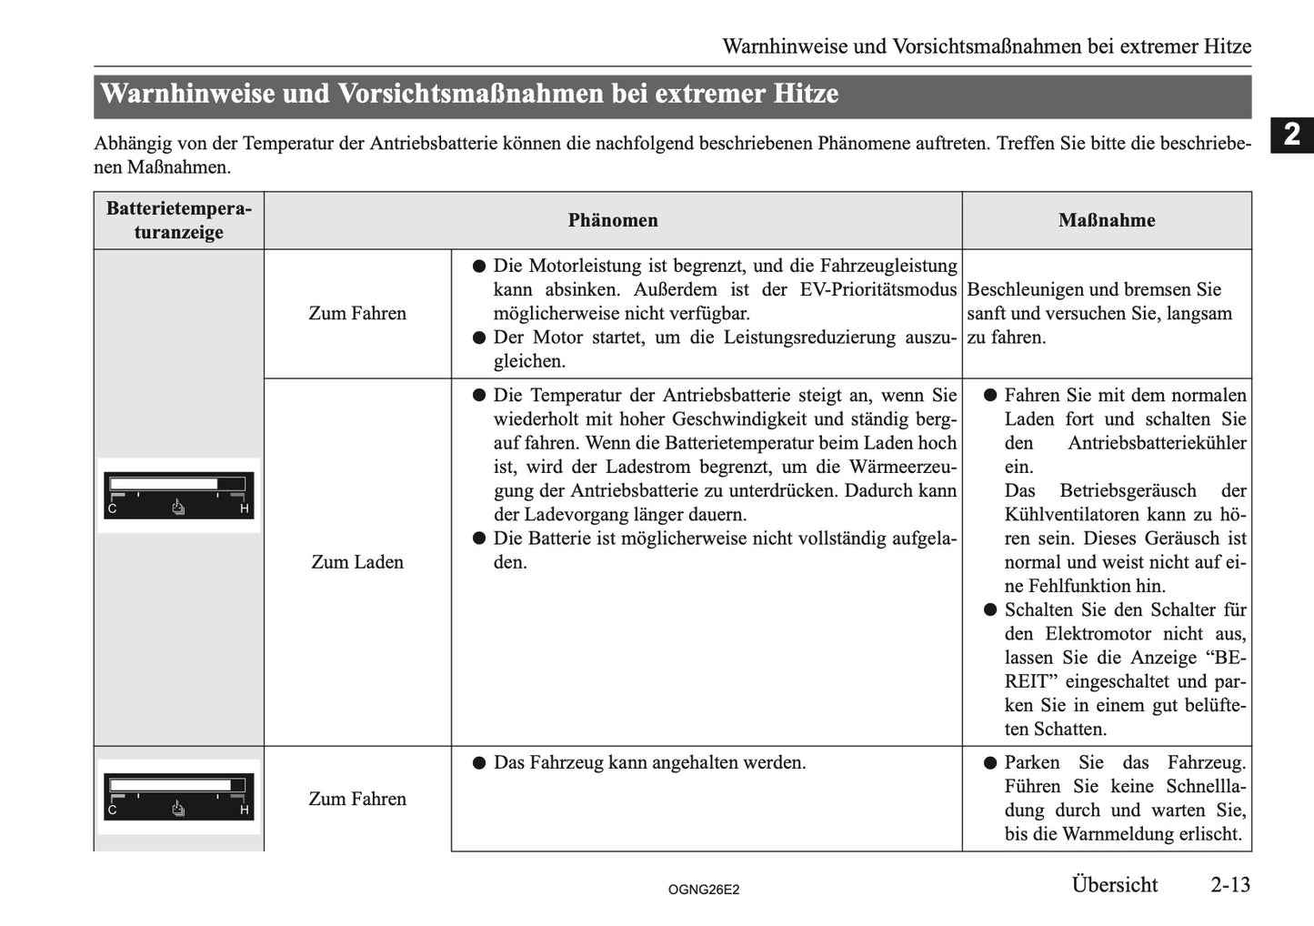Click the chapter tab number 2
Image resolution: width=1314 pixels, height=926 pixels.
click(1292, 136)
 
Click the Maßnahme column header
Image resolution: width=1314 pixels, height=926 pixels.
click(1106, 220)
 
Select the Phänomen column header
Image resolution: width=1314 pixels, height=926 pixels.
click(613, 220)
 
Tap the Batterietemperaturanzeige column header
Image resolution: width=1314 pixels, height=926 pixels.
click(178, 220)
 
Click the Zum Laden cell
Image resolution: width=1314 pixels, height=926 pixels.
click(357, 562)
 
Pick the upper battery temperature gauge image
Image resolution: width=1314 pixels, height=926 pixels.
click(178, 495)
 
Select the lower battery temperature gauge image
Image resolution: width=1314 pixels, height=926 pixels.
click(178, 797)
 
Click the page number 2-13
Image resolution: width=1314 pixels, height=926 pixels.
click(1229, 884)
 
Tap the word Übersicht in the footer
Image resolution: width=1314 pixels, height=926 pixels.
click(1114, 884)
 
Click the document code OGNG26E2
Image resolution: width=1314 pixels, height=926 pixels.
click(703, 890)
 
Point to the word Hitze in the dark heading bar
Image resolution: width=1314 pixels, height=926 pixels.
click(806, 94)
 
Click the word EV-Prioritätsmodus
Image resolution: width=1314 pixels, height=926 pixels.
click(878, 290)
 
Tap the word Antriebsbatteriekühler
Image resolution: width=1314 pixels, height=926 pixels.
click(1157, 443)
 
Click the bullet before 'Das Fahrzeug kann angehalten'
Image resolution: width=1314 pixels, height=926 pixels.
click(478, 762)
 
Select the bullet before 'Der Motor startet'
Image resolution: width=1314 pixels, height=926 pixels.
click(478, 337)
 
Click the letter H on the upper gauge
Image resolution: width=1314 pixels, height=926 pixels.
click(245, 508)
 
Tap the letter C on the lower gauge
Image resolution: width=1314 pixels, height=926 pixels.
click(113, 810)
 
